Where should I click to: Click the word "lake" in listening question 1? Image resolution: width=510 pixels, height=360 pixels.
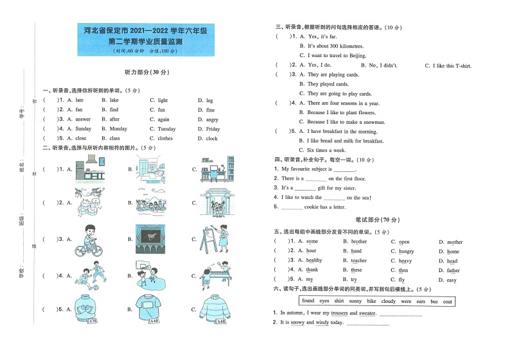click(114, 100)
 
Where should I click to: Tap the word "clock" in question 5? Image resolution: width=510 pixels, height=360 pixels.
click(212, 138)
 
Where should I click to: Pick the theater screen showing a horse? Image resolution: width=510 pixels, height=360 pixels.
click(152, 238)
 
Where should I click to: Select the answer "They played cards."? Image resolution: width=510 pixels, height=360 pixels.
click(328, 84)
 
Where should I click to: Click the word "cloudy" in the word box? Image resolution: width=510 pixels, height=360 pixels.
click(388, 301)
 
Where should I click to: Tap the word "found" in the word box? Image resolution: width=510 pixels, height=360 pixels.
click(308, 301)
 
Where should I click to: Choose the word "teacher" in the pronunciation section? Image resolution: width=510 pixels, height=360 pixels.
click(358, 261)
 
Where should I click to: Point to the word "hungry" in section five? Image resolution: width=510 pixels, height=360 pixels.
click(406, 252)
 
